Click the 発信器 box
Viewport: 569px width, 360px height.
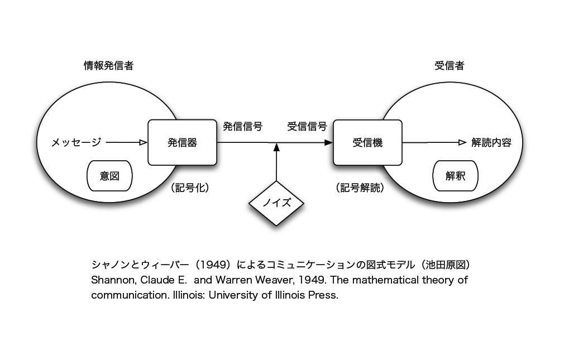pos(182,142)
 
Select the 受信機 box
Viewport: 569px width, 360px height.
pos(367,142)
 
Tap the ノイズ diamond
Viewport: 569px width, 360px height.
pos(276,203)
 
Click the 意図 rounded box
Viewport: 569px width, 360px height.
pos(109,176)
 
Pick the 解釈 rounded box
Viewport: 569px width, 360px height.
pos(455,176)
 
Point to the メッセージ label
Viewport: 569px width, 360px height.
pos(76,142)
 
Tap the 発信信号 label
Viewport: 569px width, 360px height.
pos(242,126)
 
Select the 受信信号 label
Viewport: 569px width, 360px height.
pos(307,126)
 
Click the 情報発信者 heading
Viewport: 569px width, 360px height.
pos(108,66)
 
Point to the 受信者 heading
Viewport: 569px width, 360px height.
pos(450,66)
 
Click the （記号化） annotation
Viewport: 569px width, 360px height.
pos(190,188)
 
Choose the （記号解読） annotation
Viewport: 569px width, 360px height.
pos(360,188)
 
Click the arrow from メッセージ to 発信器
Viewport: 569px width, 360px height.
pos(126,142)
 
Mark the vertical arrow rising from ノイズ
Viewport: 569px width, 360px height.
pos(276,165)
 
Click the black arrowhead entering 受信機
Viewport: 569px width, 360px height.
pos(328,142)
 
